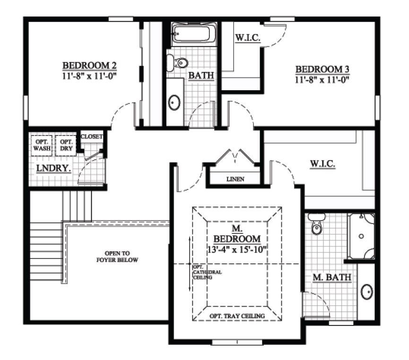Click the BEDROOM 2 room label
pos(90,65)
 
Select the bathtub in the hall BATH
pos(193,34)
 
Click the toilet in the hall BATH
pos(177,62)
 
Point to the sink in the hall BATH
pos(174,102)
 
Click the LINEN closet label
pos(235,179)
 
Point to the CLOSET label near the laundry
pos(92,137)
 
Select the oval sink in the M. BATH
pos(367,292)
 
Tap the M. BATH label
pos(332,277)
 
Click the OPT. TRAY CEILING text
pos(236,316)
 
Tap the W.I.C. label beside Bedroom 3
pos(247,38)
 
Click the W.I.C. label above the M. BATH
pos(322,164)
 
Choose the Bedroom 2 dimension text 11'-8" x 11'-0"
pos(90,75)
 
